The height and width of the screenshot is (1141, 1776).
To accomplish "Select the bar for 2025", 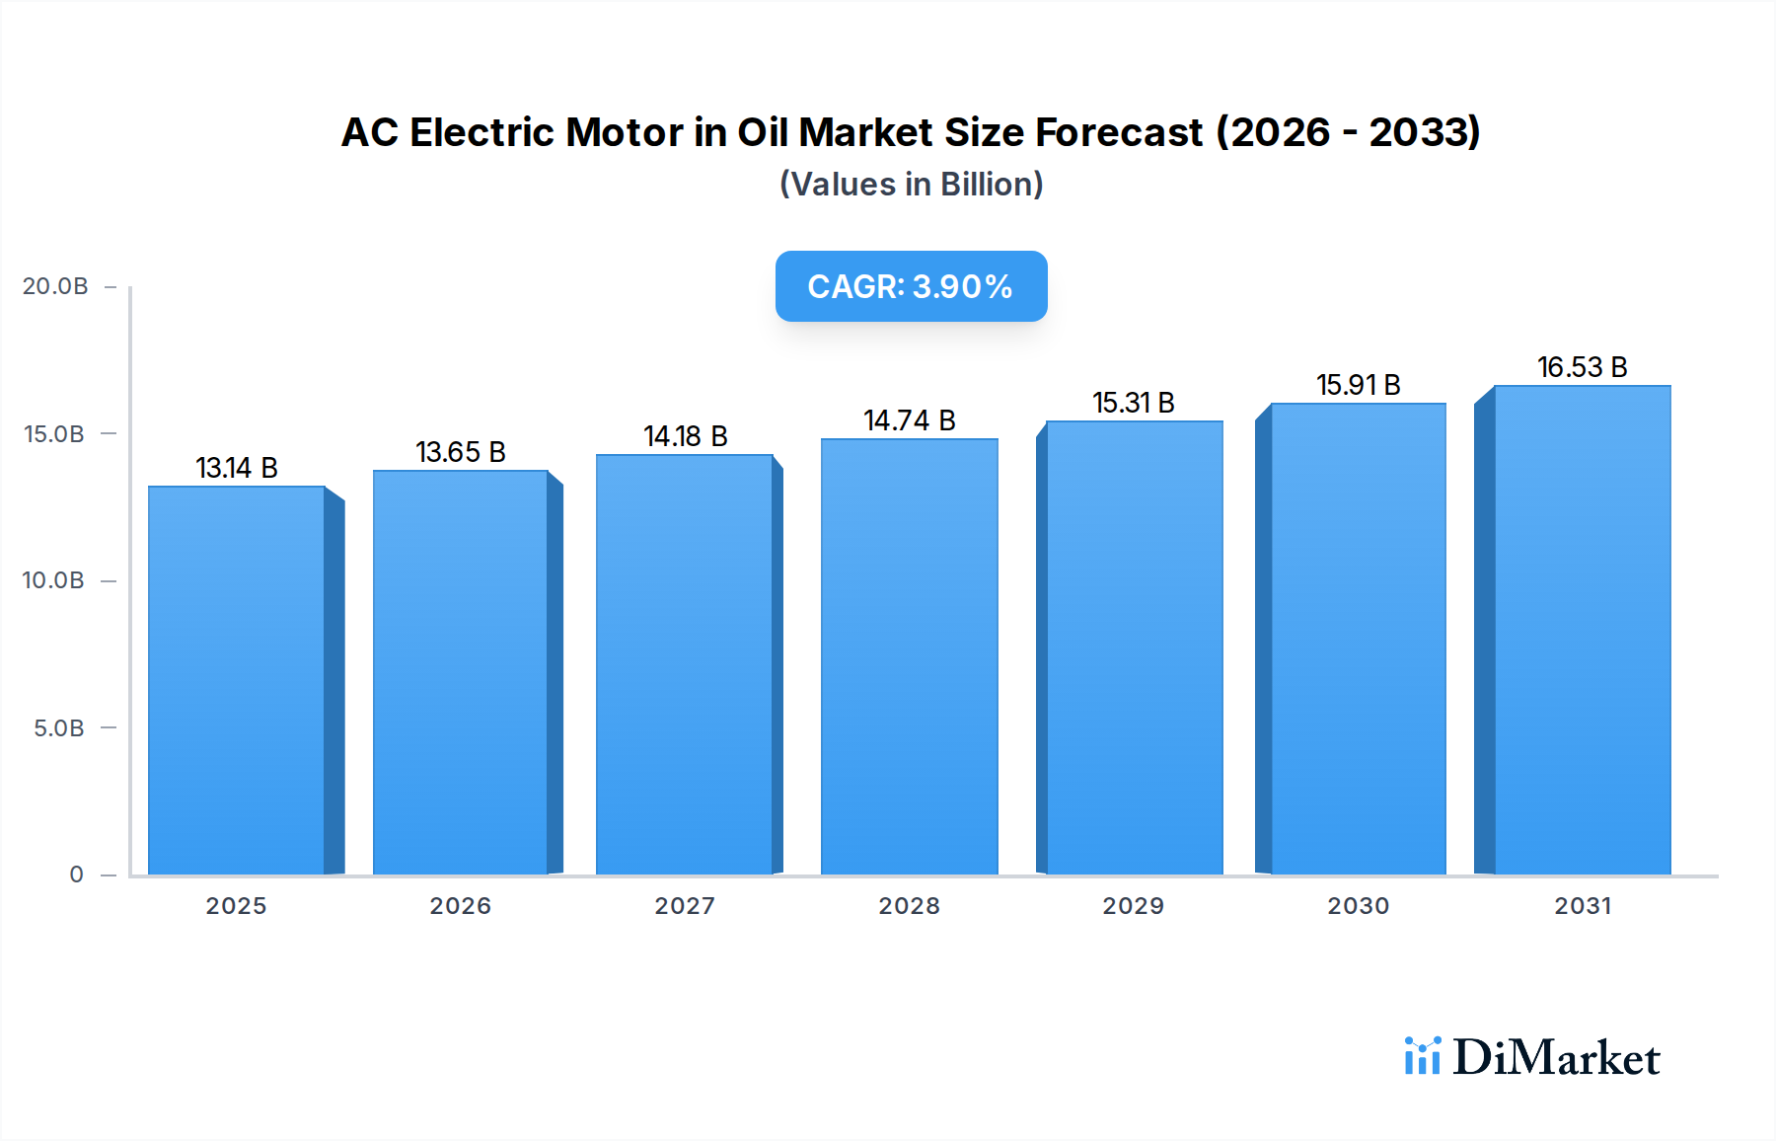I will tap(237, 681).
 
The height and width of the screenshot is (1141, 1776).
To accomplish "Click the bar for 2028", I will tap(909, 656).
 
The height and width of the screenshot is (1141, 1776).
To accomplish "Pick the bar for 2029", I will tap(1134, 647).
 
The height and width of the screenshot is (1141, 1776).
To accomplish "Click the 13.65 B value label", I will tap(461, 452).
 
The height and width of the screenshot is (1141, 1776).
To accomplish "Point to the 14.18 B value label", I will tap(686, 436).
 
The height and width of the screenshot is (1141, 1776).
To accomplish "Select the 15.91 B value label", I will tap(1359, 385).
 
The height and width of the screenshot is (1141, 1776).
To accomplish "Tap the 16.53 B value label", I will tap(1582, 367).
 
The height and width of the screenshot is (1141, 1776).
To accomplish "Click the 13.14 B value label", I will tap(237, 468).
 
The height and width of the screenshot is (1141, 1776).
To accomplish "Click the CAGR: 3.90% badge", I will tap(911, 286).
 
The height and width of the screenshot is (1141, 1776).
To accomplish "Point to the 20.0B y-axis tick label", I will tap(55, 286).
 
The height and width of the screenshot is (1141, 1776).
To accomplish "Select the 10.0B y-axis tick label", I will tap(53, 580).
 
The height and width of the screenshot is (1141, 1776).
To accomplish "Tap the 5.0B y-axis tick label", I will tap(59, 728).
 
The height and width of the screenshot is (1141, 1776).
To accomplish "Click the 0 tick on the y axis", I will tap(77, 875).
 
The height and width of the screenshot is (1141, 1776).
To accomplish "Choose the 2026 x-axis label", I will tap(460, 906).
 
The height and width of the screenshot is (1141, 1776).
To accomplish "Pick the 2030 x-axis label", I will tap(1358, 906).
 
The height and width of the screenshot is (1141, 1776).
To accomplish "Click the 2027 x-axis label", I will tap(685, 906).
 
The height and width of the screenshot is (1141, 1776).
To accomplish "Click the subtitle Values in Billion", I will tap(911, 185).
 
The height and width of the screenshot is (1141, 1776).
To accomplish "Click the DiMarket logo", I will tap(1531, 1057).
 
